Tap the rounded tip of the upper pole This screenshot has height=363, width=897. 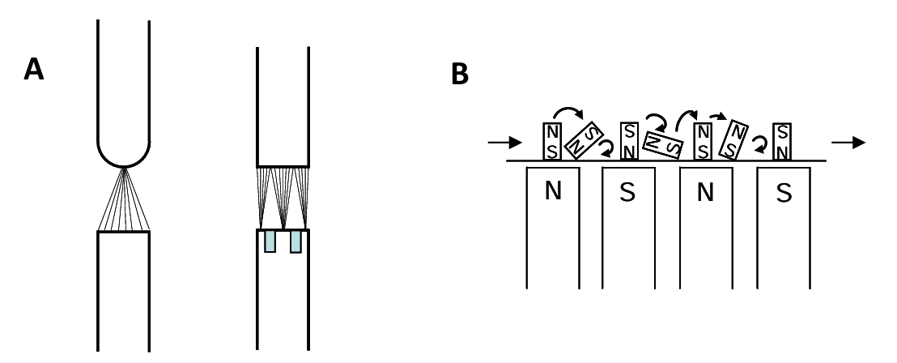tap(123, 153)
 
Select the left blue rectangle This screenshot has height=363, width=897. tap(269, 241)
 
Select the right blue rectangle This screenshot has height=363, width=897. tap(295, 241)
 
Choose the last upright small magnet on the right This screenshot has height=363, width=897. tap(781, 141)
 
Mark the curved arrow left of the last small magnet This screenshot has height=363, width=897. tap(760, 143)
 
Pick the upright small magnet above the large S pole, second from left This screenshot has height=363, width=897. tap(629, 141)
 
